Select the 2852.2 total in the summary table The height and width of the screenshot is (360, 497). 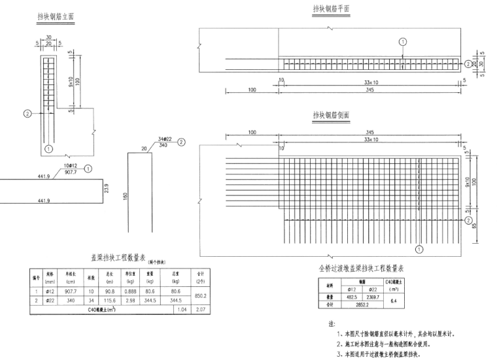362,303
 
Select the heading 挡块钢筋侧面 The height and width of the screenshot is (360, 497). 332,116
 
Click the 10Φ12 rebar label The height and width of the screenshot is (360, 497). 63,167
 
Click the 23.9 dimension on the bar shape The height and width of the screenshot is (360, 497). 105,189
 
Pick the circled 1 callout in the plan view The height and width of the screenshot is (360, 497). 403,41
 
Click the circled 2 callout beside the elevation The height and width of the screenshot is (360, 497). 27,113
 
